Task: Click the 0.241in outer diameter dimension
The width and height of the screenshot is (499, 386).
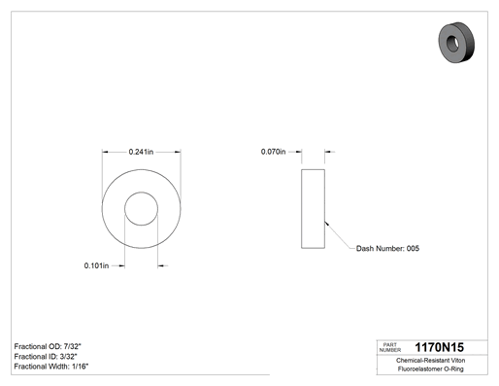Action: click(141, 152)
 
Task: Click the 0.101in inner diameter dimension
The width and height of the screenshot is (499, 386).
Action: click(96, 265)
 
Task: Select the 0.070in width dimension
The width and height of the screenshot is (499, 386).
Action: click(274, 152)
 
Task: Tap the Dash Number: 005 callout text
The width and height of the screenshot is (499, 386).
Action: click(387, 249)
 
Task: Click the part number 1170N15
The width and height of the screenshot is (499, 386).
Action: click(440, 347)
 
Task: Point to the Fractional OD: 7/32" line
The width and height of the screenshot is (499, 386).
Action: click(48, 346)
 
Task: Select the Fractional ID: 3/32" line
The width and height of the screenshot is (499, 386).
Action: click(46, 357)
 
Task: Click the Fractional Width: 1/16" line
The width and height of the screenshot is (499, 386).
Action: click(51, 367)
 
